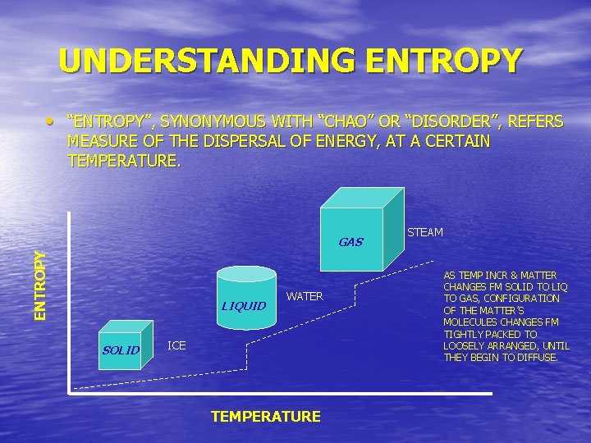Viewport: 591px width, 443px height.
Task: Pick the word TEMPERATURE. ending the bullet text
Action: (122, 161)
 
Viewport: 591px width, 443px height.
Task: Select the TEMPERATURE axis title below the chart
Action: (265, 417)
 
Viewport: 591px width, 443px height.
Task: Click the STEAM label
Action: (425, 232)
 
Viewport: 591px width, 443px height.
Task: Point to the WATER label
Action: (305, 296)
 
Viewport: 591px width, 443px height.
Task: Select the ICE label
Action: (176, 345)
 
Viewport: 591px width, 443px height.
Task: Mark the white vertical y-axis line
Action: (69, 304)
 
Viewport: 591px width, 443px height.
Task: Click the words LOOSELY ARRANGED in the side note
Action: (496, 345)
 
